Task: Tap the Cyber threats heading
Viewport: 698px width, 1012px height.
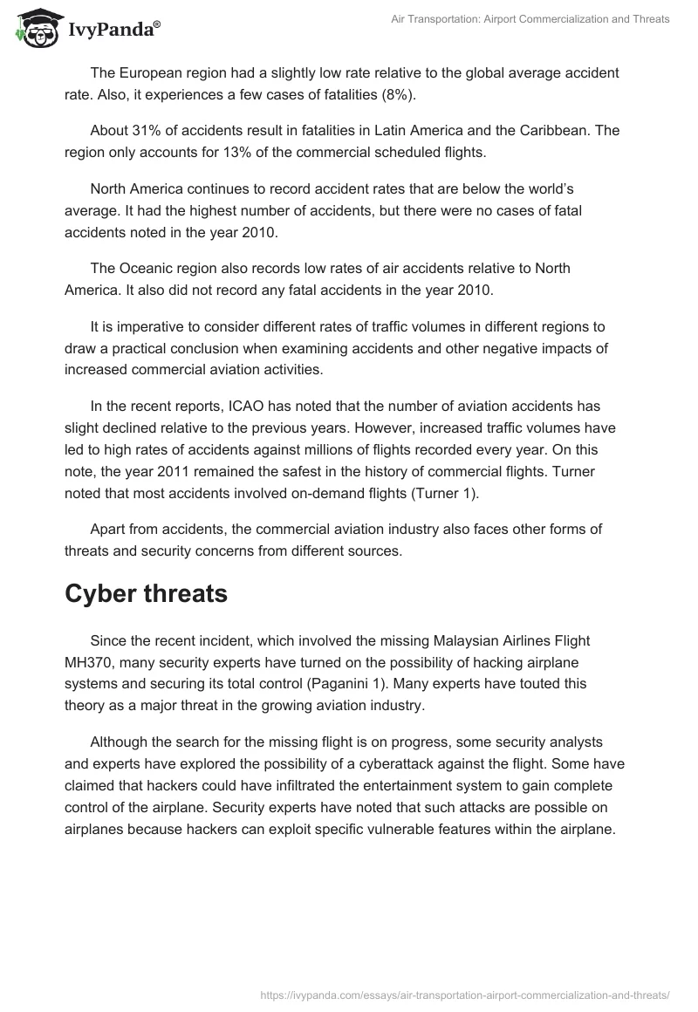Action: pyautogui.click(x=146, y=593)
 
